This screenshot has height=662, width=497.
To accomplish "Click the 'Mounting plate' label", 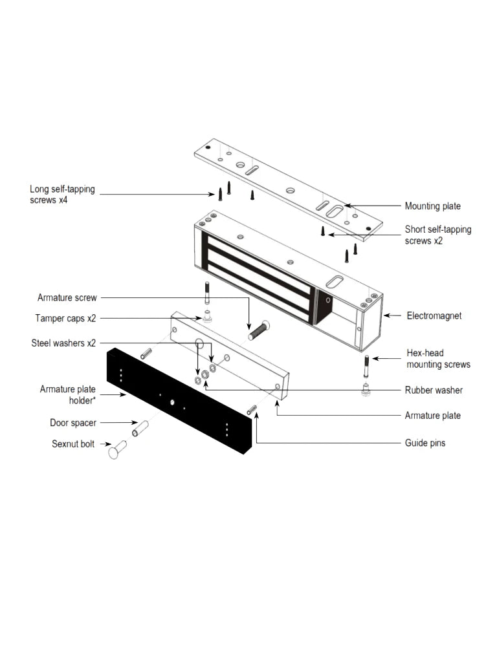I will pyautogui.click(x=432, y=206).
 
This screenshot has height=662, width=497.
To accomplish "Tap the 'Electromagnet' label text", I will pyautogui.click(x=433, y=316).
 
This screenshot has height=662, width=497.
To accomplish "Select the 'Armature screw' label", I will pyautogui.click(x=67, y=298).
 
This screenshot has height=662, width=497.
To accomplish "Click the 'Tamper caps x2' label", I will pyautogui.click(x=65, y=318).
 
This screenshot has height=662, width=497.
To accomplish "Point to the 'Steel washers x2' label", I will pyautogui.click(x=63, y=342).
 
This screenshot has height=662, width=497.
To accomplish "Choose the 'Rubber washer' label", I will pyautogui.click(x=434, y=390).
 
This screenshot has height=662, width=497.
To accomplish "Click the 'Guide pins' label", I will pyautogui.click(x=425, y=443).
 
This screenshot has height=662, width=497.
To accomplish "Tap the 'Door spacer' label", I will pyautogui.click(x=73, y=423).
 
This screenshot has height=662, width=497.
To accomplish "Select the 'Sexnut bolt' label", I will pyautogui.click(x=73, y=444).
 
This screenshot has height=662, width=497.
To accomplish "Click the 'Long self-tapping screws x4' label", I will pyautogui.click(x=62, y=194).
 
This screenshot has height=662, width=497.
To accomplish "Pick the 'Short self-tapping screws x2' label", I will pyautogui.click(x=437, y=235).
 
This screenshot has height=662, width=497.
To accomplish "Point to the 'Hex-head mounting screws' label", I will pyautogui.click(x=437, y=359).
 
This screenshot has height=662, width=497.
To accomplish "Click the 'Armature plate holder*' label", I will pyautogui.click(x=68, y=394).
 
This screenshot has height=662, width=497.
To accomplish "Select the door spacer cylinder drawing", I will pyautogui.click(x=141, y=428).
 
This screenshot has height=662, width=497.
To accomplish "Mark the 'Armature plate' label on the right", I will pyautogui.click(x=433, y=416).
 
